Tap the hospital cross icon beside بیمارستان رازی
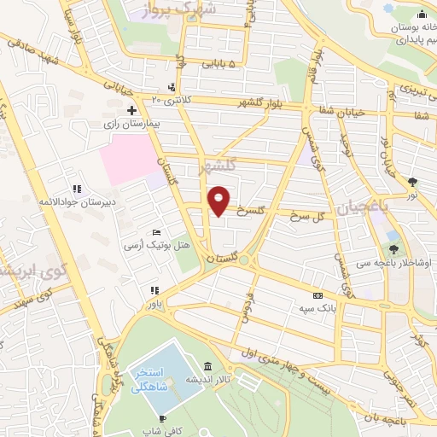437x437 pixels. tap(131, 110)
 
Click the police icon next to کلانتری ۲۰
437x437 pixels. tap(172, 87)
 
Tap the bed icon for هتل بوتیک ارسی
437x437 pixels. tap(155, 232)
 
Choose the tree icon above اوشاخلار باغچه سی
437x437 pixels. tap(393, 249)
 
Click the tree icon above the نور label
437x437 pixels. tap(412, 181)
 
